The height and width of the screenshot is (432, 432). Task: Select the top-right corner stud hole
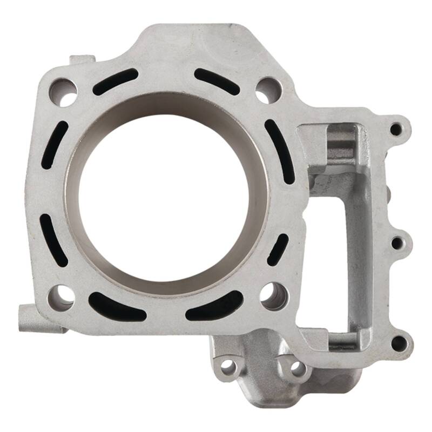tap(268, 90)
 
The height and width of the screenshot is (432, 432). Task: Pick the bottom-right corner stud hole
tap(273, 295)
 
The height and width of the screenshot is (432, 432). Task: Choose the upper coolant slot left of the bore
tap(55, 145)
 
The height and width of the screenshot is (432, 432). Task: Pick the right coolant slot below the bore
tap(214, 306)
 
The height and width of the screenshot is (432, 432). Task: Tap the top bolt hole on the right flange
tap(396, 129)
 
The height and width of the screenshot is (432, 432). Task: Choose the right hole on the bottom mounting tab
tap(298, 367)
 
